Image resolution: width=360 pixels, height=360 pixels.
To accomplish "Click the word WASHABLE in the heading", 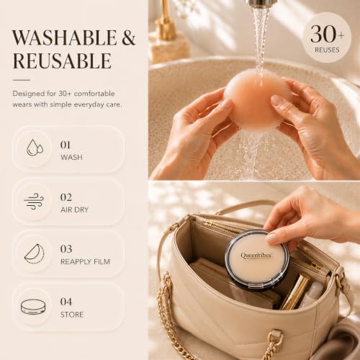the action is pos(65,37).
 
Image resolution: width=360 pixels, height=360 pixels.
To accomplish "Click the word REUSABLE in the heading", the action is pos(62,60).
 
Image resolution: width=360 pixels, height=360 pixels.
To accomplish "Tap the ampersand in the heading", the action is pos(129,37).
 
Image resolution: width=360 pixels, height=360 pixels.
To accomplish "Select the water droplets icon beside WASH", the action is pos(35,148).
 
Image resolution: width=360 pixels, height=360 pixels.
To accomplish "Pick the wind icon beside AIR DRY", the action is pos(34,201).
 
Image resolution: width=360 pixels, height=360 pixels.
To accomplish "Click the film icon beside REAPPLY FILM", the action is pos(35,253).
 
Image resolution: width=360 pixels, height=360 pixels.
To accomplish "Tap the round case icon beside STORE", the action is pos(33,307).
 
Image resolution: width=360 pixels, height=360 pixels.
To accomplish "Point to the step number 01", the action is pos(66,145).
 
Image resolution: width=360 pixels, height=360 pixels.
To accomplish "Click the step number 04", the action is pos(66,302).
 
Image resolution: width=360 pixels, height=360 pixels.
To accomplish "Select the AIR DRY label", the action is pos(74,210).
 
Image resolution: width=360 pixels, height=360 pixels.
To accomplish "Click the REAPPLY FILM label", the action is pos(85,261).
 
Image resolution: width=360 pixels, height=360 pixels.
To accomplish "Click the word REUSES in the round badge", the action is pos(327,50).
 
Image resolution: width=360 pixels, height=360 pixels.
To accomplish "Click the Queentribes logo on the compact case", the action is pos(256,256).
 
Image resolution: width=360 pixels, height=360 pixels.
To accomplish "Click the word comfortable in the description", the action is pos(94,94).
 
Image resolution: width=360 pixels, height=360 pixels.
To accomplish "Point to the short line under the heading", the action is pos(22,80).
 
